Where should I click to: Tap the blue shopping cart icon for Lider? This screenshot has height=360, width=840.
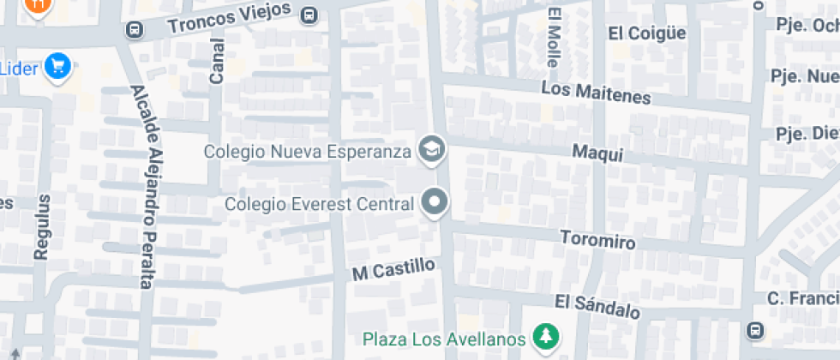tap(58, 65)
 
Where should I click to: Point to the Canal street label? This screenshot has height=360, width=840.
tap(217, 61)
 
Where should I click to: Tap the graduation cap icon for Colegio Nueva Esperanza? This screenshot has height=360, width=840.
tap(431, 150)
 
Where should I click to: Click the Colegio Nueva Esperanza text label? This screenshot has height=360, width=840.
tap(308, 152)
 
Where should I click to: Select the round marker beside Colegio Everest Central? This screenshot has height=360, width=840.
tap(435, 203)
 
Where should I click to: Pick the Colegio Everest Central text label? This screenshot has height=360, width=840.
tap(320, 204)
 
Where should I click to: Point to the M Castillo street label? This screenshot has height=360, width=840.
tap(393, 270)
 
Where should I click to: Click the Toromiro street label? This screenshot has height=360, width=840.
tap(597, 239)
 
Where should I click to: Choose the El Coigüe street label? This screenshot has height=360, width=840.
tap(647, 33)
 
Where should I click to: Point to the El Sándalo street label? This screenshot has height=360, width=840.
tap(597, 306)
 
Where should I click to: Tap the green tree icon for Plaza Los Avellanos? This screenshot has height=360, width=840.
tap(543, 337)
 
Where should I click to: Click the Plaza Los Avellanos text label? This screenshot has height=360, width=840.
tap(443, 338)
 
